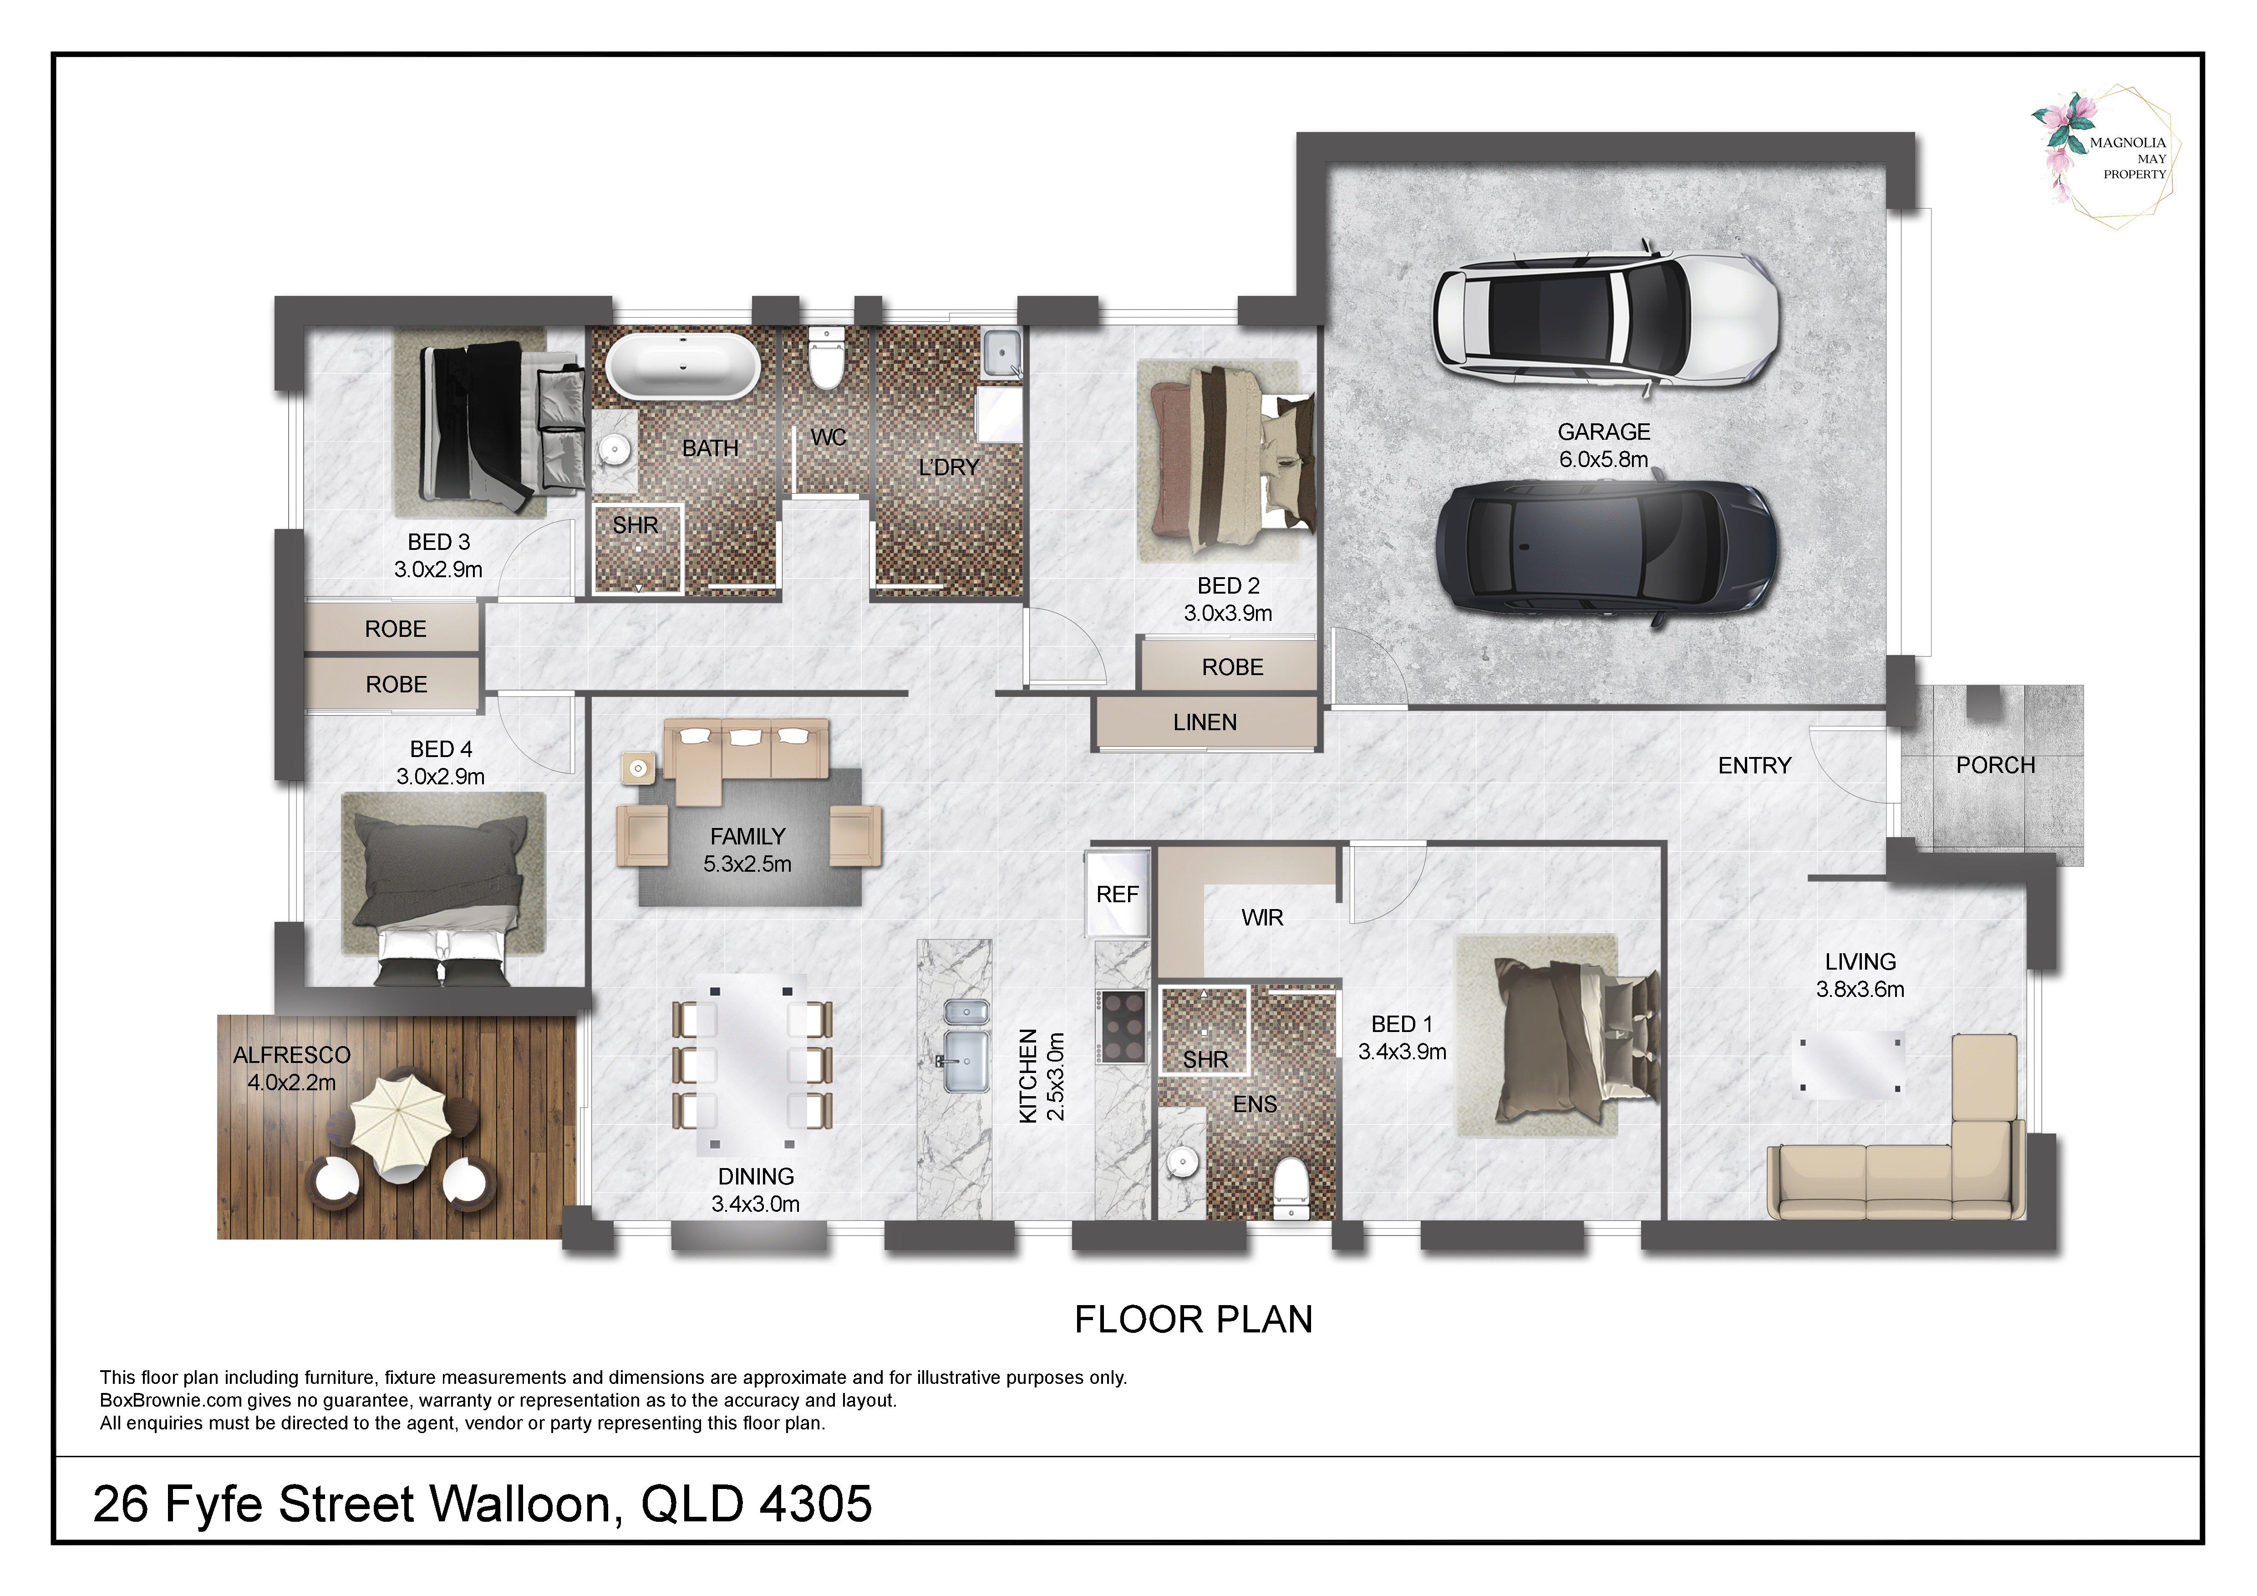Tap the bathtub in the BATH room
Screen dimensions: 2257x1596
click(682, 366)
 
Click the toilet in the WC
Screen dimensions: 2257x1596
click(826, 359)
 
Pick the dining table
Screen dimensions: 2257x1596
click(752, 1062)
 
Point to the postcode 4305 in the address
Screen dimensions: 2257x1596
click(816, 1504)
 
